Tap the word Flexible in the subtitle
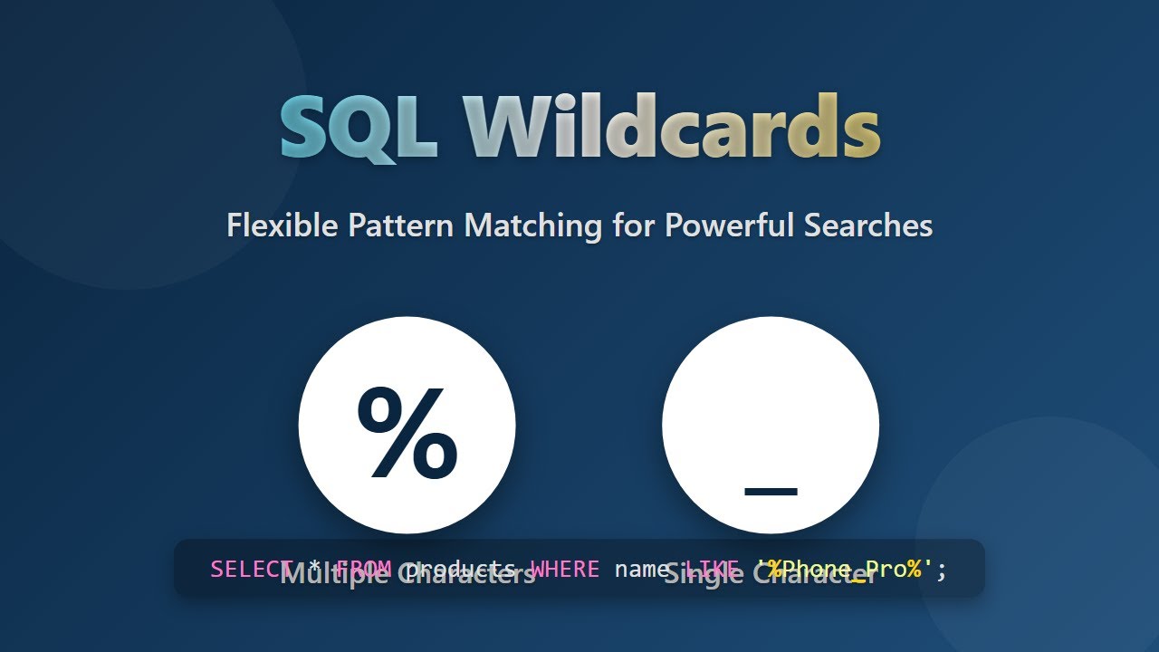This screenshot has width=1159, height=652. (x=283, y=225)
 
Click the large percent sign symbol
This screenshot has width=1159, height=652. (x=407, y=431)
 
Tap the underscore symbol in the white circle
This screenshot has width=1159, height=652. (x=771, y=492)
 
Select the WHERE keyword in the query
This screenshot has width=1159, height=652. (x=564, y=569)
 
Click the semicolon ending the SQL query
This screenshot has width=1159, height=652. (x=942, y=569)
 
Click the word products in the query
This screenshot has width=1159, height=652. (x=460, y=569)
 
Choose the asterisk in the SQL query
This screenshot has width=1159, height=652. (x=314, y=569)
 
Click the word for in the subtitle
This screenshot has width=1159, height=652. (x=632, y=225)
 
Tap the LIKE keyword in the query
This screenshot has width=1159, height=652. (x=711, y=569)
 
